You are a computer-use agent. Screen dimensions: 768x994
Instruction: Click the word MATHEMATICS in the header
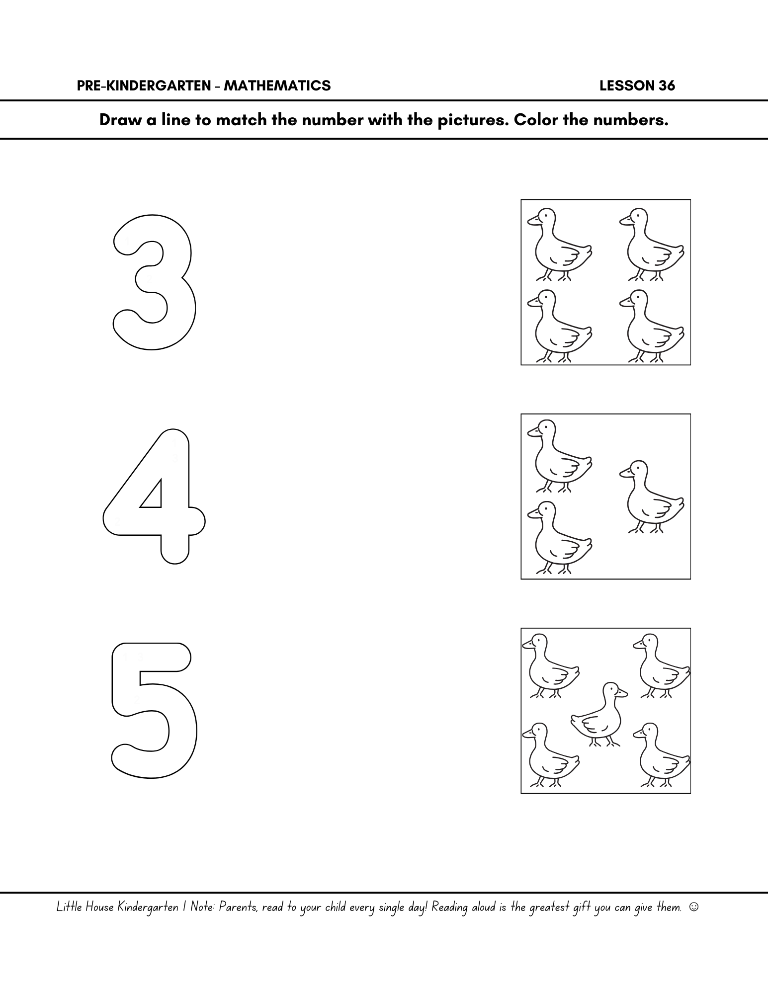277,86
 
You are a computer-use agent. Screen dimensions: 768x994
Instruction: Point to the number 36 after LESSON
667,86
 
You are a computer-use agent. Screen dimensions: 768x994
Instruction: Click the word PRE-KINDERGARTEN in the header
144,86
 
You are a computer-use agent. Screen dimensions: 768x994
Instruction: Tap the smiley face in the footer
694,907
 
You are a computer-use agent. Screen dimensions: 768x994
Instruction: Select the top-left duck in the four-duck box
559,245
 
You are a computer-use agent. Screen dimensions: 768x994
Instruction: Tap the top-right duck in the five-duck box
662,666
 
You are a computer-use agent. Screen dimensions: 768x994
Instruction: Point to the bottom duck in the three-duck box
559,538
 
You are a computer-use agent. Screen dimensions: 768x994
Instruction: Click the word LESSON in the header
627,86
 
